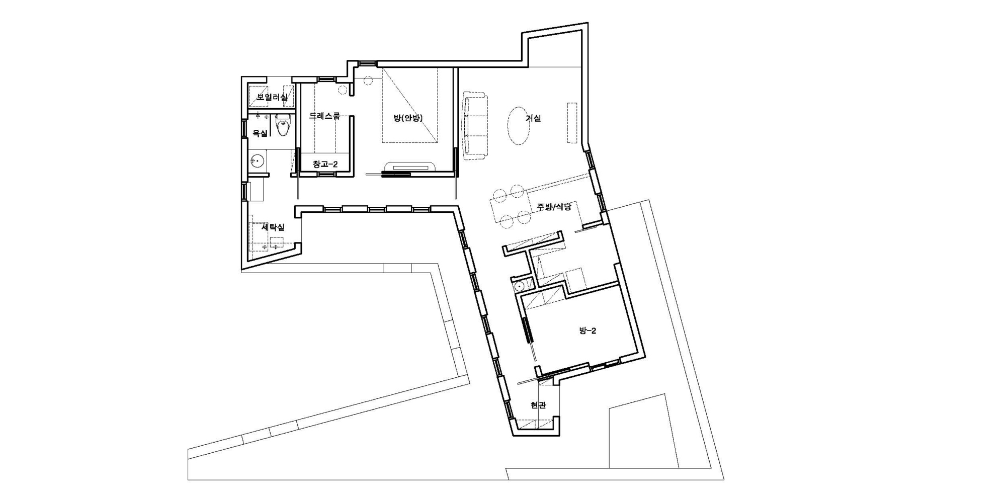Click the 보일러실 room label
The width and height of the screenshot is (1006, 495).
[272, 97]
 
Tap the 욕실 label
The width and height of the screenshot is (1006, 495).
[260, 133]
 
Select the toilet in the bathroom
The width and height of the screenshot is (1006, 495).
[283, 126]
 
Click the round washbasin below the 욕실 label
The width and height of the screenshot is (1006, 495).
[258, 161]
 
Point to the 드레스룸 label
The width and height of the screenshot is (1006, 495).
[324, 116]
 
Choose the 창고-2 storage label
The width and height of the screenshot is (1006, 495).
[325, 164]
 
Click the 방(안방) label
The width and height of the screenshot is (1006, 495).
[408, 118]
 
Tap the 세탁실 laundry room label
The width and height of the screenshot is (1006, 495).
[273, 227]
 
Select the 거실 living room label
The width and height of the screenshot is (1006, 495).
[533, 118]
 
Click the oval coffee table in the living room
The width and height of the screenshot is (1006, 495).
[519, 126]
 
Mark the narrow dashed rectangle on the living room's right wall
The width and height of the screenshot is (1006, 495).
[572, 123]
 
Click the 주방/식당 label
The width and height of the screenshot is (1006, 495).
[554, 207]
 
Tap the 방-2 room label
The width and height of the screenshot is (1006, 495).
[588, 331]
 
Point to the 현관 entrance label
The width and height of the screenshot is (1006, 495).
[538, 405]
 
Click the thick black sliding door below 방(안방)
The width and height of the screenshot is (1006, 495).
[396, 175]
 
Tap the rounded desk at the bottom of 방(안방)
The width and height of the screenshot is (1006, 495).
[410, 167]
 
